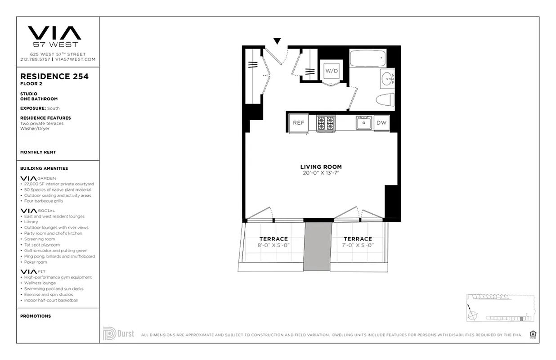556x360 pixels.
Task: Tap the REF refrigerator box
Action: tap(299, 123)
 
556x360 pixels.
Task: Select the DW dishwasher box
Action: tap(381, 123)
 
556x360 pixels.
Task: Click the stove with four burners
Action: tap(325, 123)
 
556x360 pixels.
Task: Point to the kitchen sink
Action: tap(363, 122)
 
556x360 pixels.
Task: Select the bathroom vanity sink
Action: tap(387, 79)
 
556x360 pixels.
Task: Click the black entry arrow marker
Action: tap(278, 41)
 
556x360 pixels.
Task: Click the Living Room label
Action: tap(321, 167)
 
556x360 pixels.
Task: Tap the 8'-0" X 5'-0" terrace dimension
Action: tap(274, 245)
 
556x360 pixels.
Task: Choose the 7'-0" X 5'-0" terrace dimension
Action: tap(358, 245)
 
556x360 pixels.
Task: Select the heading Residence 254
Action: tap(54, 76)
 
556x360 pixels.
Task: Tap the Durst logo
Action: tap(119, 333)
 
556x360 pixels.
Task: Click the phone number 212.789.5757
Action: tap(35, 59)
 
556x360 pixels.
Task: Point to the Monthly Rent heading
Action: tap(38, 153)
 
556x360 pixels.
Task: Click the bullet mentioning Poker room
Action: tap(36, 262)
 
